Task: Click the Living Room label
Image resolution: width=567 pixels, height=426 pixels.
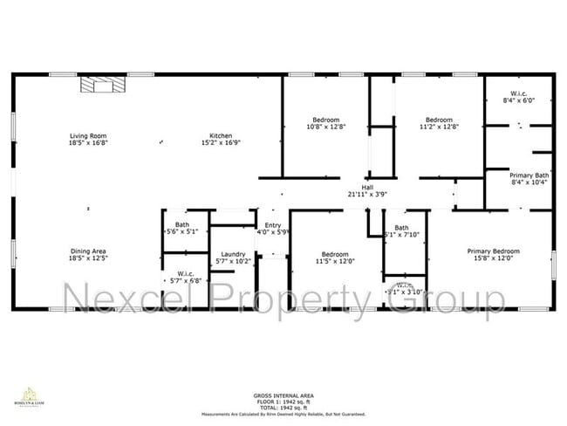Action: coord(88,136)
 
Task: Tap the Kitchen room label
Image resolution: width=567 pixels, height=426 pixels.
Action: coord(220,136)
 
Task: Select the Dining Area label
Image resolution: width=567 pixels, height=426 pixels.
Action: coord(88,251)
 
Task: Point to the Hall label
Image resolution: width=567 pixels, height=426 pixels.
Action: coord(367,187)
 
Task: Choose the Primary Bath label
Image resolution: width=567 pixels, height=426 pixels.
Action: coord(529,175)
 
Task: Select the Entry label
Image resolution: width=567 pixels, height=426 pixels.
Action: coord(273,225)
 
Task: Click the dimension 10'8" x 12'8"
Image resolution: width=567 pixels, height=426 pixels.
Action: coord(325,127)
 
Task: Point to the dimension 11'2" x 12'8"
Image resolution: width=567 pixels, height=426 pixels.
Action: coord(439,127)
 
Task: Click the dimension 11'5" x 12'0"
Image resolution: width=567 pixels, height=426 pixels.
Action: coord(334,259)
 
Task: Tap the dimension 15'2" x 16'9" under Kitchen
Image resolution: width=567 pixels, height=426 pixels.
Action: coord(220,143)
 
